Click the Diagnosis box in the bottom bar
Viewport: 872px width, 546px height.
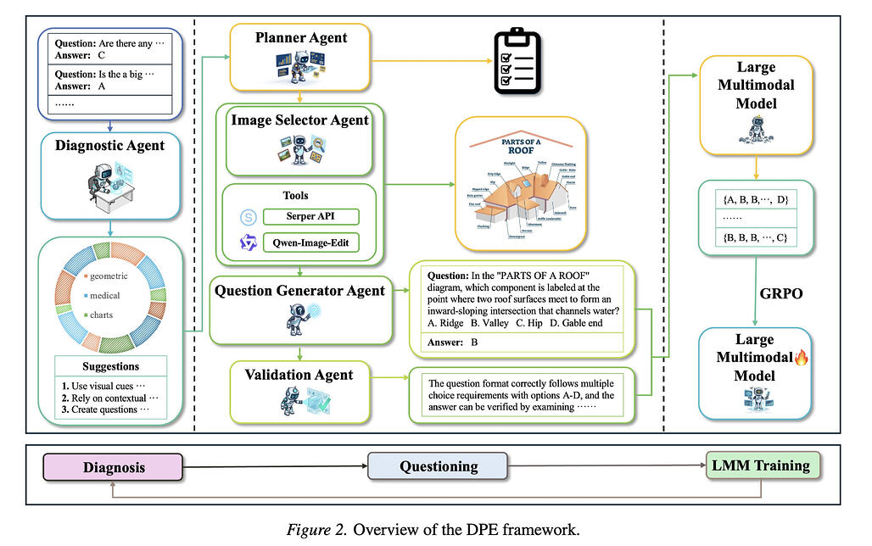tap(114, 467)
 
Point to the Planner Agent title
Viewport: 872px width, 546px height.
tap(301, 38)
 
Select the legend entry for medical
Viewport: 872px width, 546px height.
tap(103, 296)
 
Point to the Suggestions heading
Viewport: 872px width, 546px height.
tap(111, 366)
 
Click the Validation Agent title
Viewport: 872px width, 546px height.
tap(299, 374)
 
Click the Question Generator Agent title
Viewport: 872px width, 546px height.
tap(300, 291)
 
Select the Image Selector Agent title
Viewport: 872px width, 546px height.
tap(300, 120)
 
